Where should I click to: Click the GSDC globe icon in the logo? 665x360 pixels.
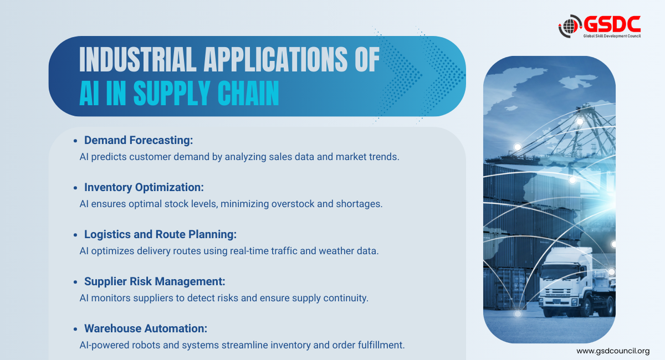tap(569, 26)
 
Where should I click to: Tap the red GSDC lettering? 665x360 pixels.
tap(612, 24)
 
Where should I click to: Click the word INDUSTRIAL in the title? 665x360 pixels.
tap(138, 59)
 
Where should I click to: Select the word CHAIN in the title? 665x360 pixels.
tap(248, 93)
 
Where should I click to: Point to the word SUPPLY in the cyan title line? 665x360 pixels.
tap(172, 93)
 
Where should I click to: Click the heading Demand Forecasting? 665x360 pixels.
tap(139, 140)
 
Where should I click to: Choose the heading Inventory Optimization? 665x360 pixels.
tap(144, 187)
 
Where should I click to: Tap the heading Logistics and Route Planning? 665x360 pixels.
tap(160, 234)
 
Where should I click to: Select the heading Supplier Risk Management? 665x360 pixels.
tap(155, 281)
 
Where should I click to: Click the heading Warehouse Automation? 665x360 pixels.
tap(146, 328)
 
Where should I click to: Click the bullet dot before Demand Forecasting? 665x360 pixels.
tap(75, 141)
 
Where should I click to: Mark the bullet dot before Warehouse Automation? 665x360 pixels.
tap(75, 329)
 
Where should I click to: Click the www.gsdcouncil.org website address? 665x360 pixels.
tap(613, 351)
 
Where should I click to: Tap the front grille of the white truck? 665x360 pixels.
tap(554, 292)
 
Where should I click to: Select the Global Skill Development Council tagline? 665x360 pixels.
tap(612, 36)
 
